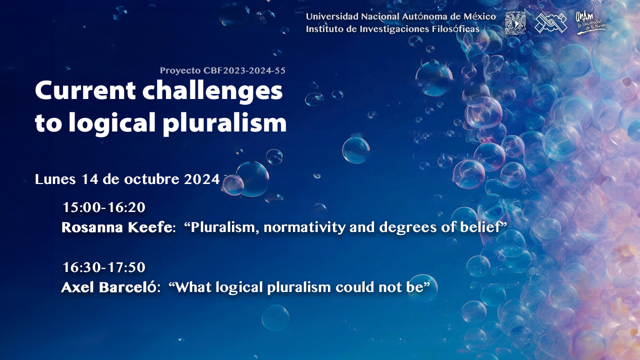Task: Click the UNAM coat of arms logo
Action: pos(515,23)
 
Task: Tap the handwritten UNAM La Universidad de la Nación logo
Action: pos(590,23)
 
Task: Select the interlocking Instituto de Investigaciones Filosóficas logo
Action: pos(551,23)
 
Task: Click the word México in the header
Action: pos(479,16)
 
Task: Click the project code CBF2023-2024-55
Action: pos(244,70)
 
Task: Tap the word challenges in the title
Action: pos(212,91)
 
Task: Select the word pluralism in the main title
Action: pos(225,123)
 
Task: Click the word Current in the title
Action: pos(85,91)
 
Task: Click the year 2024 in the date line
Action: pos(201,179)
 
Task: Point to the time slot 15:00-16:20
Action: pos(104,207)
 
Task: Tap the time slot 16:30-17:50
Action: pos(104,267)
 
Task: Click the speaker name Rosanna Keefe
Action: pos(117,227)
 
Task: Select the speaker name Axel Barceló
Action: pos(109,287)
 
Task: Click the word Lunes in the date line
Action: pos(55,179)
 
